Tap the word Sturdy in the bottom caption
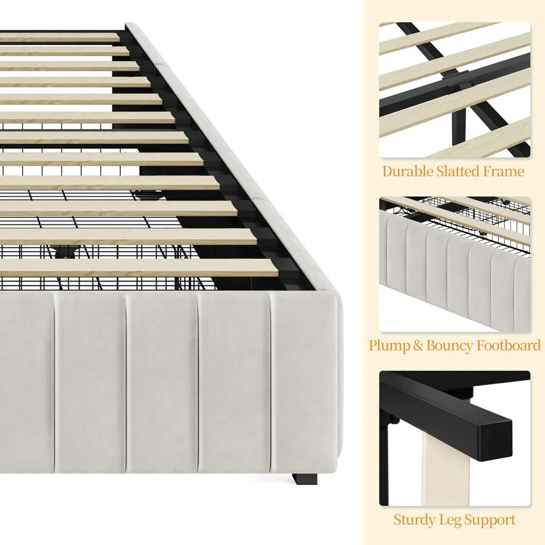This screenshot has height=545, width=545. click(x=415, y=520)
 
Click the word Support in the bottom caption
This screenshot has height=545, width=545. click(x=490, y=520)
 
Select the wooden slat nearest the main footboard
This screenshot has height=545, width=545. click(x=136, y=267)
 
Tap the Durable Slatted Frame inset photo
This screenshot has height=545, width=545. click(x=455, y=90)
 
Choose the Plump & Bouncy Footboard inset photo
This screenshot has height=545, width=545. click(x=455, y=264)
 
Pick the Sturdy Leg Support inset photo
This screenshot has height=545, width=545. click(x=455, y=438)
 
